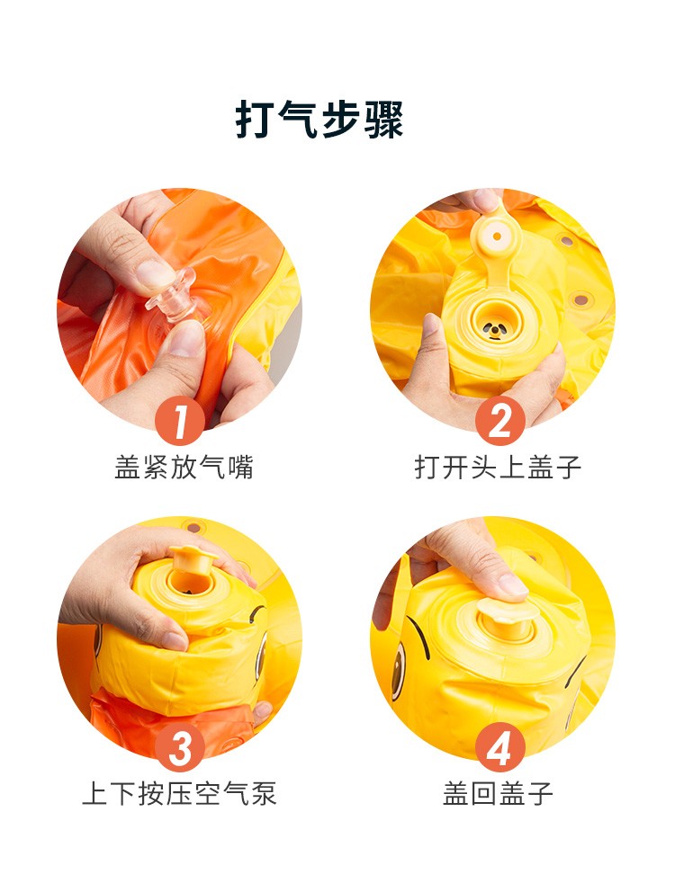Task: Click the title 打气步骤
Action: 319,120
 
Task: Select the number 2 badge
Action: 500,422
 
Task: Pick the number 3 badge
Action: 180,748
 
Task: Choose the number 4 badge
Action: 500,748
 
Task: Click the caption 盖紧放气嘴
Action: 184,468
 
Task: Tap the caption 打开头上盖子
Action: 498,468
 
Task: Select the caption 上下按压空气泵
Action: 179,794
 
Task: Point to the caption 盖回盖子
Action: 498,794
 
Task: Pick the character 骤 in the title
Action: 383,120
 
